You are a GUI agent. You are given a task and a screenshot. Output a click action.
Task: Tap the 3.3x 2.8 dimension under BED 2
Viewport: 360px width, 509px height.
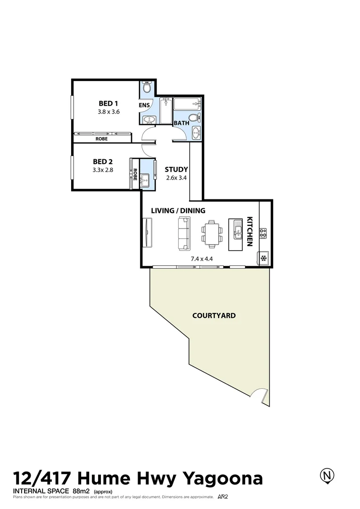click(x=103, y=170)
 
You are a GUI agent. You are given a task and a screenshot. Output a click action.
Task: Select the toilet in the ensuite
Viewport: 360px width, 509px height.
click(x=147, y=88)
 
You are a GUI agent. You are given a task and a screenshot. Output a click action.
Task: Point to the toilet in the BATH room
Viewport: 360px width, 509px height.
click(x=194, y=118)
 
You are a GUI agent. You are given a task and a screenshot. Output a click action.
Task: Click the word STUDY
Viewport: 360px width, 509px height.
click(x=176, y=170)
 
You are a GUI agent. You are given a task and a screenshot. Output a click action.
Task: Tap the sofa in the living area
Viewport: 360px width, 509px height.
click(x=184, y=234)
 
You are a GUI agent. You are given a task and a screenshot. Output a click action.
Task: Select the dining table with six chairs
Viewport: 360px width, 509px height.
click(x=211, y=234)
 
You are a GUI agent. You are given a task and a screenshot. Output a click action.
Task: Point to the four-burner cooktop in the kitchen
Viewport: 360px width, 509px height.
click(x=263, y=233)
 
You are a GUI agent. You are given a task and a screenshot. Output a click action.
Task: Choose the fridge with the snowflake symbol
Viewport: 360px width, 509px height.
click(x=263, y=258)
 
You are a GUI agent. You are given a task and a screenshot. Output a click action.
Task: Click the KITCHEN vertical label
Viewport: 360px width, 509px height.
click(x=250, y=231)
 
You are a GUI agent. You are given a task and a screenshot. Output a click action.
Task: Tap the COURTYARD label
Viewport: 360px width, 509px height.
click(x=214, y=315)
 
